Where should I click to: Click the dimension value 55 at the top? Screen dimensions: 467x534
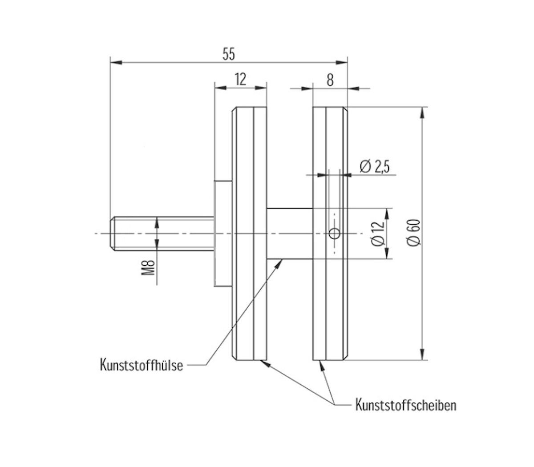click(228, 54)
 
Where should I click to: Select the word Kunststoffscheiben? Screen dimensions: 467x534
click(405, 405)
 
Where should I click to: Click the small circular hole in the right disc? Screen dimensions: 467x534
click(334, 233)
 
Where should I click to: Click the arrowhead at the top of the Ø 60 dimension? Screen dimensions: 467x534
click(421, 112)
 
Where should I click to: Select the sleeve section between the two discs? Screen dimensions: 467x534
click(289, 233)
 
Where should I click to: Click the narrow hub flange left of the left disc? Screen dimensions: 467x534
click(223, 233)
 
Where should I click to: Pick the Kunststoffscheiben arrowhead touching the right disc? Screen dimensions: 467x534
click(321, 364)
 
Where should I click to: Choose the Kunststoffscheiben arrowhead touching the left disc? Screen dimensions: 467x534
click(266, 363)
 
